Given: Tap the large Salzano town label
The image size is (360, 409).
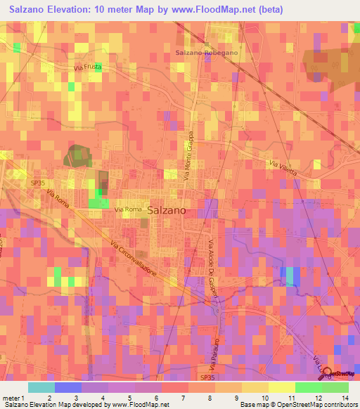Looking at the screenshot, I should [x=167, y=209].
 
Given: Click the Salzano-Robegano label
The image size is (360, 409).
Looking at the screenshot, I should [x=207, y=53].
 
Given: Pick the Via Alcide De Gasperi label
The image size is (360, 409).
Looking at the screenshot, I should [x=213, y=270].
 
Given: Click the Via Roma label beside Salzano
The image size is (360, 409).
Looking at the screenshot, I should [x=129, y=209].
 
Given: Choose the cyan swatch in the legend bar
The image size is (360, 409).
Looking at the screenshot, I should [x=41, y=387].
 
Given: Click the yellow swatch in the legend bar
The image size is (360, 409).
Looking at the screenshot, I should [x=281, y=387].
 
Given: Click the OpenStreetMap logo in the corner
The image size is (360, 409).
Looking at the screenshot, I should [x=340, y=373].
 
